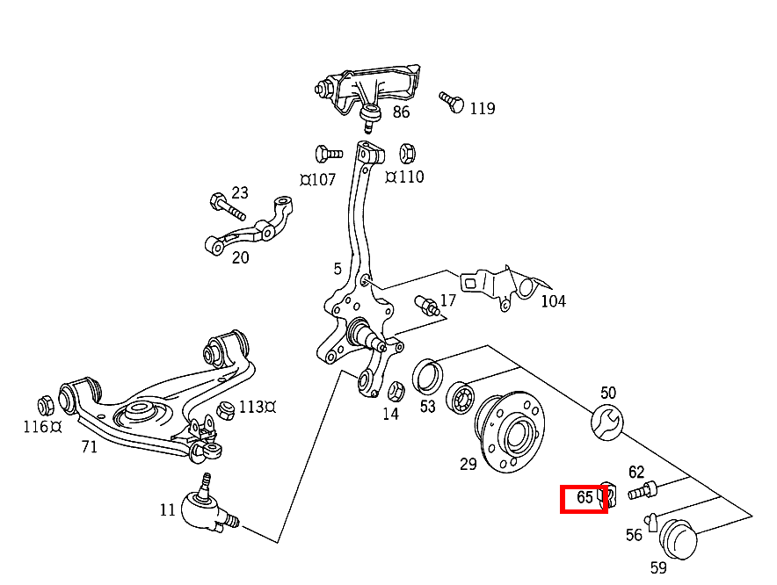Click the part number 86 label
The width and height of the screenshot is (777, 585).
(401, 112)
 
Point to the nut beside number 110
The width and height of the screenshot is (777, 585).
(407, 153)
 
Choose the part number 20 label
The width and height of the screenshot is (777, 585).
(240, 257)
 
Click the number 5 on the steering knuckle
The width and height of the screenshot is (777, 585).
(337, 269)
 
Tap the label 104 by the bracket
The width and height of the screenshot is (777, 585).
(553, 302)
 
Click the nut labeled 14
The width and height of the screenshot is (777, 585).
(396, 388)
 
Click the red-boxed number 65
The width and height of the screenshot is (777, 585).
(585, 498)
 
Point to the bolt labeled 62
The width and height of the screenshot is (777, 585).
(644, 489)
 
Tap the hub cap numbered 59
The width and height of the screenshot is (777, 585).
(678, 538)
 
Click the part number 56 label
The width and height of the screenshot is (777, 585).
(634, 535)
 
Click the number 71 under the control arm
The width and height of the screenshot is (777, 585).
(89, 447)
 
